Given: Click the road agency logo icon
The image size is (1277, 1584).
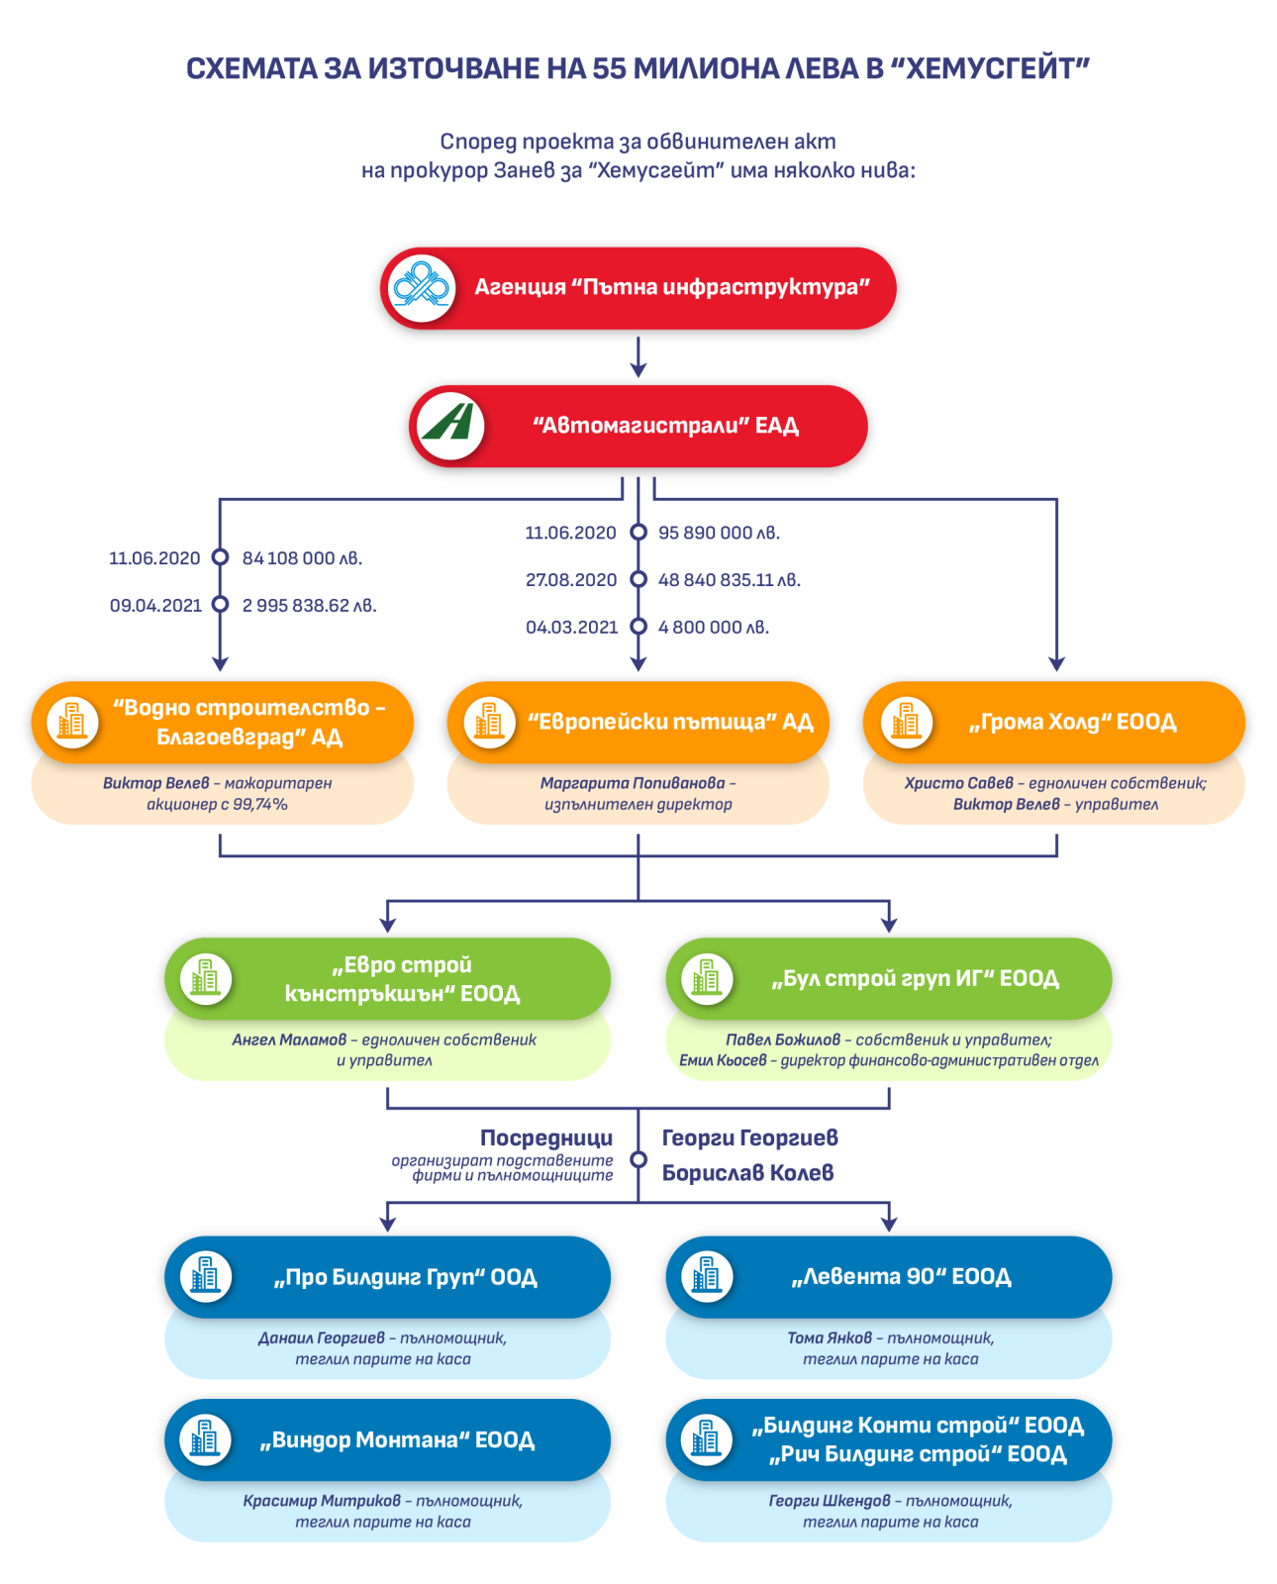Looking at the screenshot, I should pos(422,288).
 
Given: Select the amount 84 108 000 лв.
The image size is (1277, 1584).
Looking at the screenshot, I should pos(302,558).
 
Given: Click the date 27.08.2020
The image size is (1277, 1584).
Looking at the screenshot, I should pos(571,580).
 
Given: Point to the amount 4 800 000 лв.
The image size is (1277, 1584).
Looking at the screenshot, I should pos(714,628).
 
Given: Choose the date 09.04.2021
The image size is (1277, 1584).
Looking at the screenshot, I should pos(155,606).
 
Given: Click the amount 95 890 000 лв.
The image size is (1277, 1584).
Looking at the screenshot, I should pos(719,533).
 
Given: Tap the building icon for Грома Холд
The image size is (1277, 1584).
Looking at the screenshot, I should pos(906,722).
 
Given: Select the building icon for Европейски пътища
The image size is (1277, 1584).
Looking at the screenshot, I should pos(489,722).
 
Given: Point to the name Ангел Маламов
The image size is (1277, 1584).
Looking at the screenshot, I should pos(289,1039).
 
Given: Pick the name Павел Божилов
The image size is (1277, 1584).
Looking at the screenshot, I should pos(782,1039).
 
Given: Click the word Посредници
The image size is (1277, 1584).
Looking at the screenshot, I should pos(546,1138).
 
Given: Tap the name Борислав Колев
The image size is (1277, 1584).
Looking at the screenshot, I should pos(747,1173).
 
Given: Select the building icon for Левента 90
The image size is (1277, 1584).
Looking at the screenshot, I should pos(707,1276).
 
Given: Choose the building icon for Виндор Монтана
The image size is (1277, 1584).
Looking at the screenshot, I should pos(205,1439).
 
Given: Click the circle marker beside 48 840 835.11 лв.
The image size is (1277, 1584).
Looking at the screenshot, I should pos(638,580).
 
